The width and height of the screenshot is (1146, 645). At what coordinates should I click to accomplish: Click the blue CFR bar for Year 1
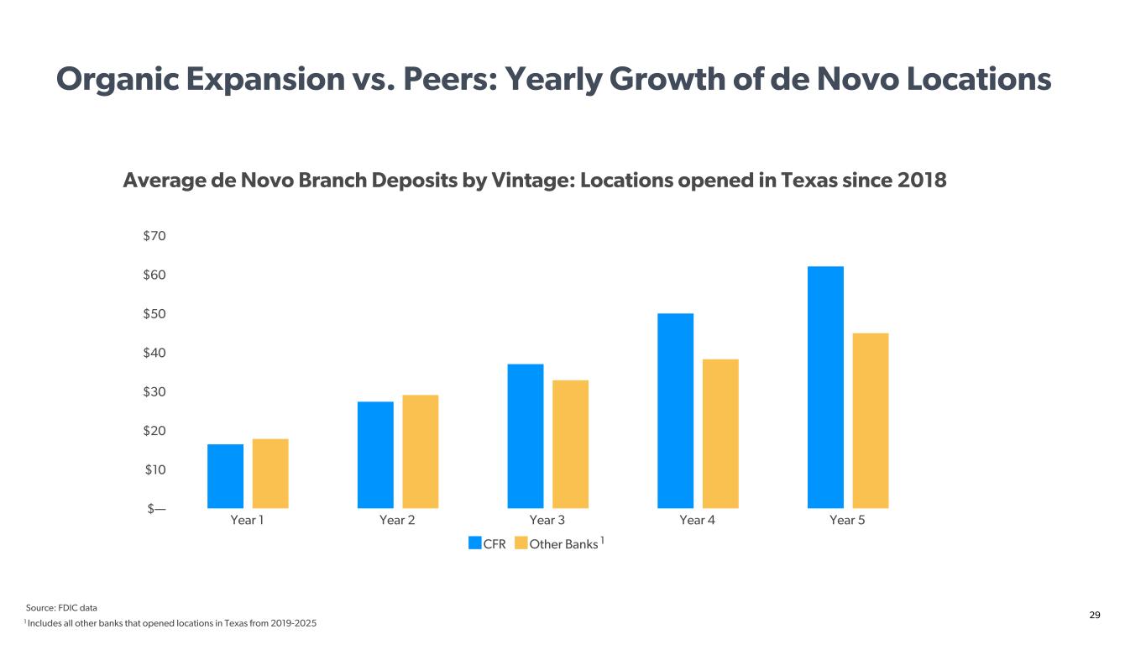[225, 476]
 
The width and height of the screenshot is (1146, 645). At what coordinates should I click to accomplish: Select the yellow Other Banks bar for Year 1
[270, 474]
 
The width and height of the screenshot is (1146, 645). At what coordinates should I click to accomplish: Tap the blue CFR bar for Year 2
[375, 455]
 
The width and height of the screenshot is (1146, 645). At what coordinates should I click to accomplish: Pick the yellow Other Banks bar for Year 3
[570, 444]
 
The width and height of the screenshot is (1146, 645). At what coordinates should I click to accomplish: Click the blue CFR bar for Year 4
[675, 411]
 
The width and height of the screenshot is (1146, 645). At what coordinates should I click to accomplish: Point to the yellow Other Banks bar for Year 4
[720, 433]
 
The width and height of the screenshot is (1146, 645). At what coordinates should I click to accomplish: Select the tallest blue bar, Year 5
[826, 387]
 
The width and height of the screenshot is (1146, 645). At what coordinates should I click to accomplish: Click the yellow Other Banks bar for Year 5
[871, 421]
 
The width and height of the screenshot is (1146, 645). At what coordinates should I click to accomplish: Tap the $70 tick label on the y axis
[154, 236]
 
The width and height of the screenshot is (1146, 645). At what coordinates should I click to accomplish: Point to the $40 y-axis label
[154, 353]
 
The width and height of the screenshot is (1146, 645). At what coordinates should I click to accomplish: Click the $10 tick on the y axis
[155, 470]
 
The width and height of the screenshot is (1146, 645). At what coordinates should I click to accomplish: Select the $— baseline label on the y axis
[156, 509]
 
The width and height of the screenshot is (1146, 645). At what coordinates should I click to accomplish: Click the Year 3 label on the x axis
[547, 520]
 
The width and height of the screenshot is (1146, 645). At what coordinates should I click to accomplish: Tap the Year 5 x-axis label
[847, 520]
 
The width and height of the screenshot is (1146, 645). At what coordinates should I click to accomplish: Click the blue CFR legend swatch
[475, 543]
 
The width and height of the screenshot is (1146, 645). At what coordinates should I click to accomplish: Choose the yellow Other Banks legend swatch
[521, 543]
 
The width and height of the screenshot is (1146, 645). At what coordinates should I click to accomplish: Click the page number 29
[1094, 615]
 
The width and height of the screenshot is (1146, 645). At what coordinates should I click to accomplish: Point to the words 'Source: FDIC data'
[61, 608]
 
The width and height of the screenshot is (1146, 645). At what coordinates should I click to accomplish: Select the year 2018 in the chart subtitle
[922, 181]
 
